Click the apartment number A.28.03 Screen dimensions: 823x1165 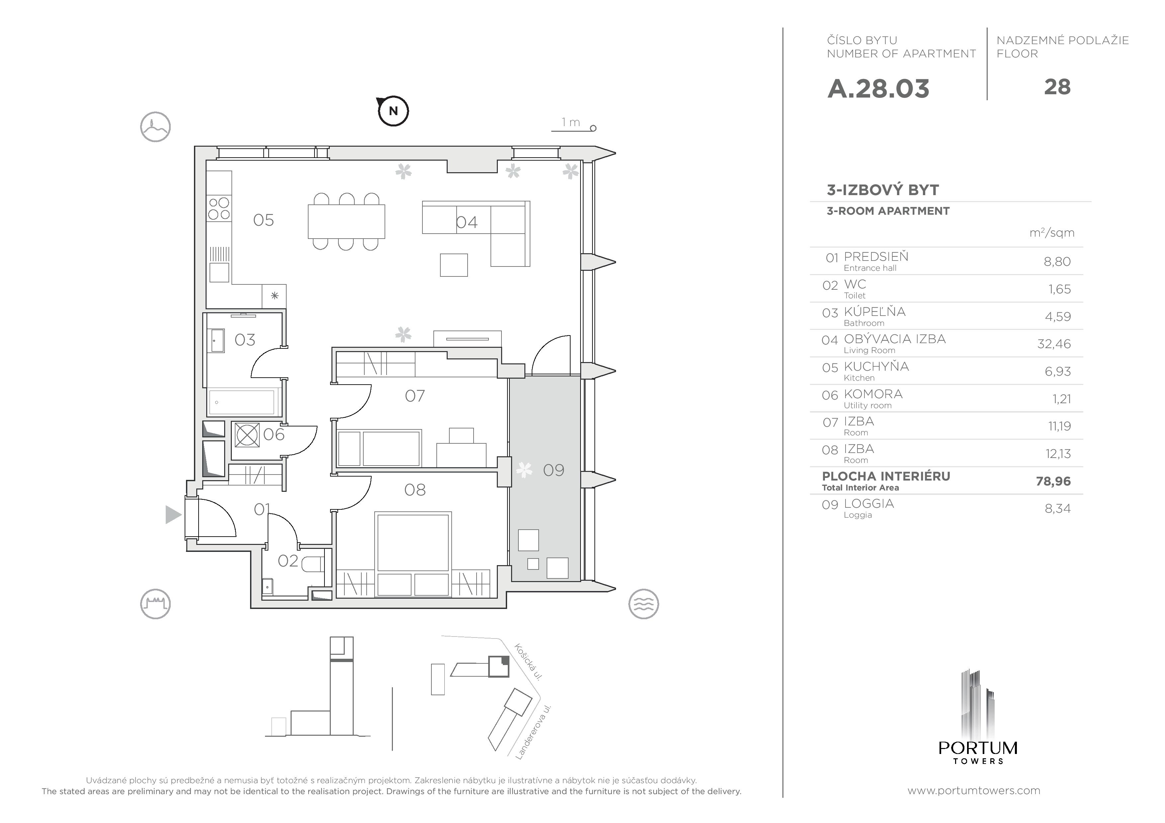[x=878, y=89]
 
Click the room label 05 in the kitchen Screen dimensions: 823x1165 [x=263, y=220]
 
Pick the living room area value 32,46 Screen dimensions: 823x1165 [x=1054, y=344]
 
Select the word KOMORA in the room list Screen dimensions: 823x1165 [x=873, y=394]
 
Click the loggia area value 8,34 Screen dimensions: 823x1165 [x=1057, y=509]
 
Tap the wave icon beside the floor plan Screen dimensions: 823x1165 [x=643, y=604]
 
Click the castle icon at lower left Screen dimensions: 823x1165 [x=155, y=604]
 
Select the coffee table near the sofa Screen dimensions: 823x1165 [x=454, y=265]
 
